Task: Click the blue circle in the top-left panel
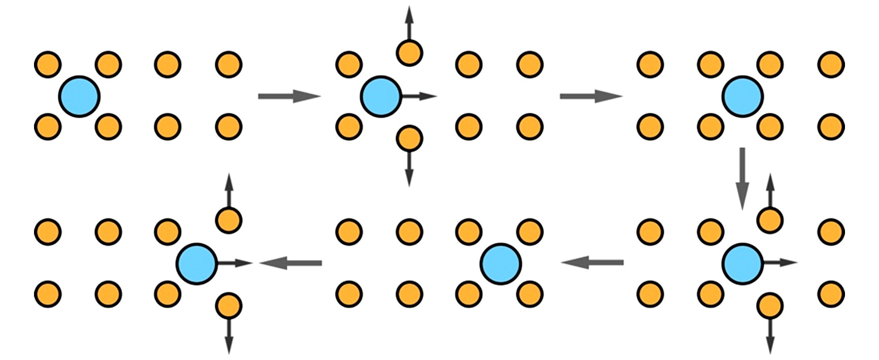(80, 96)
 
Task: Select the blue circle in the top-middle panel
(381, 96)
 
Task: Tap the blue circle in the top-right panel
(742, 96)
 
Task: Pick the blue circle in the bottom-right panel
(742, 263)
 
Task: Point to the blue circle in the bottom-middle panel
(501, 264)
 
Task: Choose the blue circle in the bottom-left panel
(197, 264)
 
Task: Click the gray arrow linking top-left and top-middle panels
(289, 96)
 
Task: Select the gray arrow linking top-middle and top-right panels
(591, 96)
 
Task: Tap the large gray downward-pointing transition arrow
(742, 178)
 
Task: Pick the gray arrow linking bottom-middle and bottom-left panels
(291, 263)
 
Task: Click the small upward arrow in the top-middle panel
(409, 23)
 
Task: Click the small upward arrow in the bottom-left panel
(228, 190)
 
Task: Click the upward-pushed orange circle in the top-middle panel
(409, 52)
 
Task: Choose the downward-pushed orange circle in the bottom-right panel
(770, 306)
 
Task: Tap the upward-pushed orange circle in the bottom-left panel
(228, 220)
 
